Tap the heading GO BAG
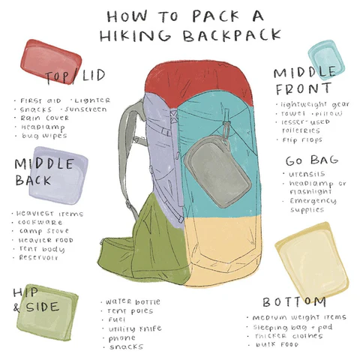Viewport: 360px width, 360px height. (311, 160)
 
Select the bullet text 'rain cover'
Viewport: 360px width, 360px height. (44, 118)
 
